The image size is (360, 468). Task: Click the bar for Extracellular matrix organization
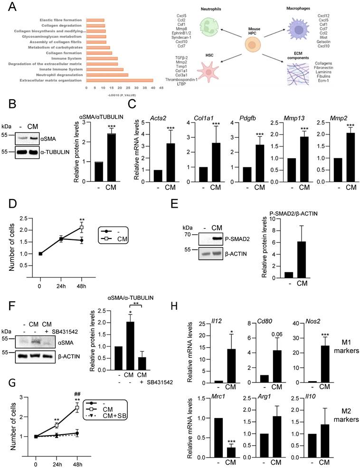point(119,80)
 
